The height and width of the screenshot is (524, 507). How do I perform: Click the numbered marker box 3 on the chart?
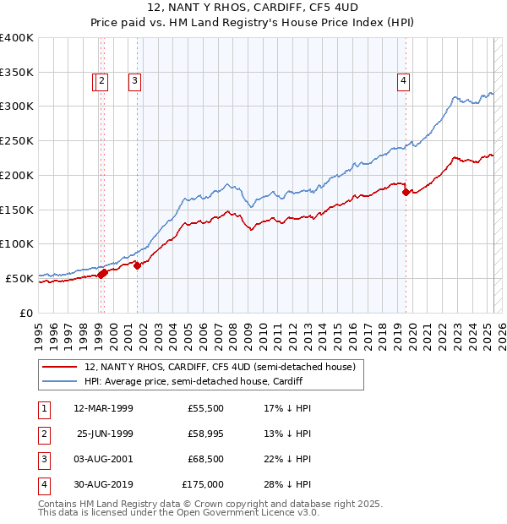[134, 81]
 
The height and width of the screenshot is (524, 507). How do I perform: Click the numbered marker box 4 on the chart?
[404, 81]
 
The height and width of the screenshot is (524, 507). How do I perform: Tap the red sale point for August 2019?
[406, 192]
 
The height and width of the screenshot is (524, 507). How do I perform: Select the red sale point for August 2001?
[138, 265]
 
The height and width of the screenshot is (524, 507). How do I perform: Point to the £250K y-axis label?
[17, 140]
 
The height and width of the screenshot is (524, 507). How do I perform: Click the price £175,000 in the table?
[203, 484]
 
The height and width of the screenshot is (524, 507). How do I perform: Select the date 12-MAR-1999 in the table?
[103, 408]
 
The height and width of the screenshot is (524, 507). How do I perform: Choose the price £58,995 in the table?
[205, 434]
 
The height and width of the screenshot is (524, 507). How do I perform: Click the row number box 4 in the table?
[43, 484]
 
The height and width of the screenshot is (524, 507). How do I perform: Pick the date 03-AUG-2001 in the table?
[103, 459]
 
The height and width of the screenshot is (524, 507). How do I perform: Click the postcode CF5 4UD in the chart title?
[308, 8]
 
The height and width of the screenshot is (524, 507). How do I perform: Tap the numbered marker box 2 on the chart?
[101, 81]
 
